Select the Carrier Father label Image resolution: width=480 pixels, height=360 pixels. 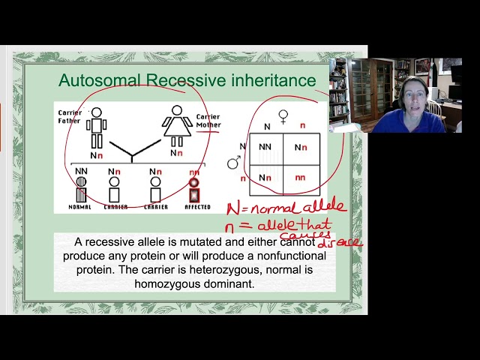[70, 117]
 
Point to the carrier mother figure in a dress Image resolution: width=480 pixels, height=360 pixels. [177, 127]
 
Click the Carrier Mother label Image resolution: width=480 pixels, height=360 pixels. [208, 121]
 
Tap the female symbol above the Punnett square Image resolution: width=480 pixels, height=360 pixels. [283, 116]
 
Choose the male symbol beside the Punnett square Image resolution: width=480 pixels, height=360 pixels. [235, 162]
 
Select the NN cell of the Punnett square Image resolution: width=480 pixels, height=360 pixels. [265, 148]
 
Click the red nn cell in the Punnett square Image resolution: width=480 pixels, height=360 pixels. [301, 178]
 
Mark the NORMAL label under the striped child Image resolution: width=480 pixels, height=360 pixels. [79, 207]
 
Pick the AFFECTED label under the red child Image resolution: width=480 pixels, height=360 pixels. [196, 207]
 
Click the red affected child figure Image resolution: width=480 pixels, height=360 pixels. [194, 190]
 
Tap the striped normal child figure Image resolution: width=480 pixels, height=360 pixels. [80, 190]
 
